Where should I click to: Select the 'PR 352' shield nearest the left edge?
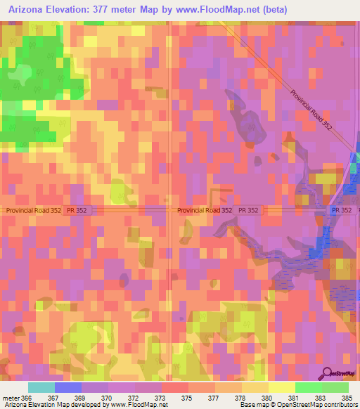coord(80,210)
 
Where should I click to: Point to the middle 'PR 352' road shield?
coord(248,210)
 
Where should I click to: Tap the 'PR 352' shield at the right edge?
coord(342,210)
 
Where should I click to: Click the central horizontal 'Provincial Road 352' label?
coord(205,210)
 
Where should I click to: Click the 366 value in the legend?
coord(27,398)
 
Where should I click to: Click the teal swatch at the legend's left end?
coord(41,387)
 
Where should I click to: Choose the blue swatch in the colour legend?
coord(67,387)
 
